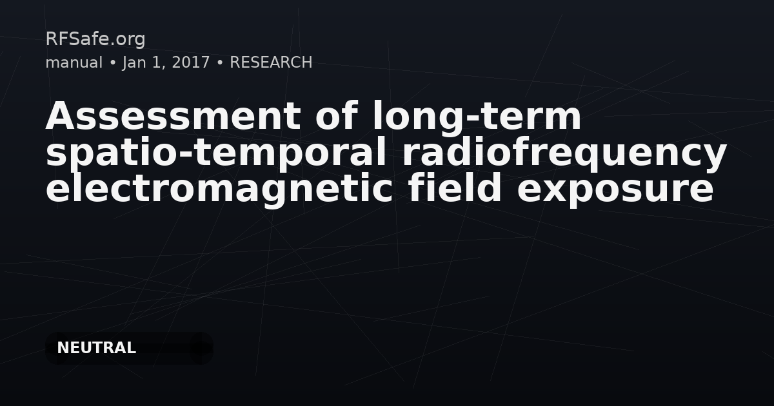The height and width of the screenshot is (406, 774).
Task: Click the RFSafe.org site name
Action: tap(95, 39)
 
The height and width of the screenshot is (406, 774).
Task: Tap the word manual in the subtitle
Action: tap(74, 63)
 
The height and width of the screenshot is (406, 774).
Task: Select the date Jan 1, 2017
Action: tap(166, 63)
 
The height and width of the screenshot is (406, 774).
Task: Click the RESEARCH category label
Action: tap(271, 63)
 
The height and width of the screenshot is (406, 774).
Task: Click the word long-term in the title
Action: tap(477, 117)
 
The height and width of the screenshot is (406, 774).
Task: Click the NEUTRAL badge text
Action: tap(96, 348)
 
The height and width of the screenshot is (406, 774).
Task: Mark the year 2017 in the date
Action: tap(191, 63)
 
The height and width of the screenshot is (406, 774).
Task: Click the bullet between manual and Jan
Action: tap(112, 63)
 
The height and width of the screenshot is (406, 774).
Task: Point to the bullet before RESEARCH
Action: tap(220, 63)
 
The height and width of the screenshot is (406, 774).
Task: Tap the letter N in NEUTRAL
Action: tap(63, 348)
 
